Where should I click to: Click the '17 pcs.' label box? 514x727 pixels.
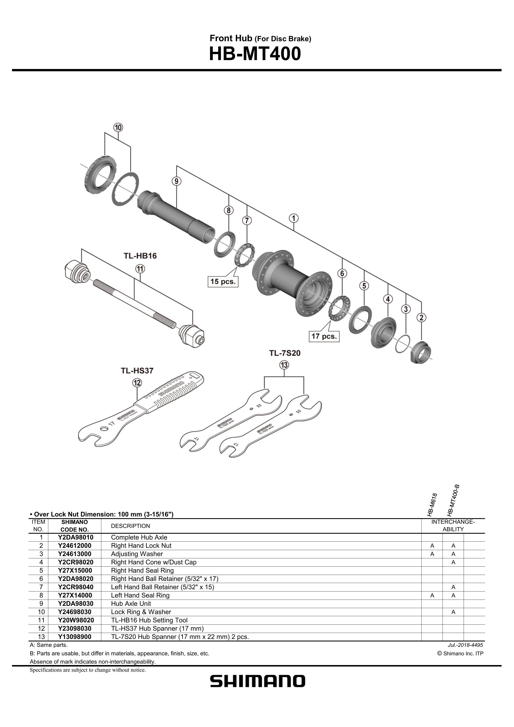[x=324, y=336]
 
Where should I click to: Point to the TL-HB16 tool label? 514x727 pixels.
[x=140, y=256]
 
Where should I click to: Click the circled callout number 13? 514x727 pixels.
[x=284, y=365]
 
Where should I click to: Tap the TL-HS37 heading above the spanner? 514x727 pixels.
[x=137, y=370]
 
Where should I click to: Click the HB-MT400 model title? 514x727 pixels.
[x=255, y=54]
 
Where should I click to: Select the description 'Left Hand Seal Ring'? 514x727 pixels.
[x=140, y=595]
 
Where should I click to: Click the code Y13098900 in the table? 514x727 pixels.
[x=75, y=637]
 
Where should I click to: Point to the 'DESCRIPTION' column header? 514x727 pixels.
[x=131, y=526]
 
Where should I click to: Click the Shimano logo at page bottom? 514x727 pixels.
[x=258, y=681]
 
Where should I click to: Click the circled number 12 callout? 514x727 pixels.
[x=137, y=383]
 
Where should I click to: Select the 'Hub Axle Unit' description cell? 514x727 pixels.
[x=131, y=604]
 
